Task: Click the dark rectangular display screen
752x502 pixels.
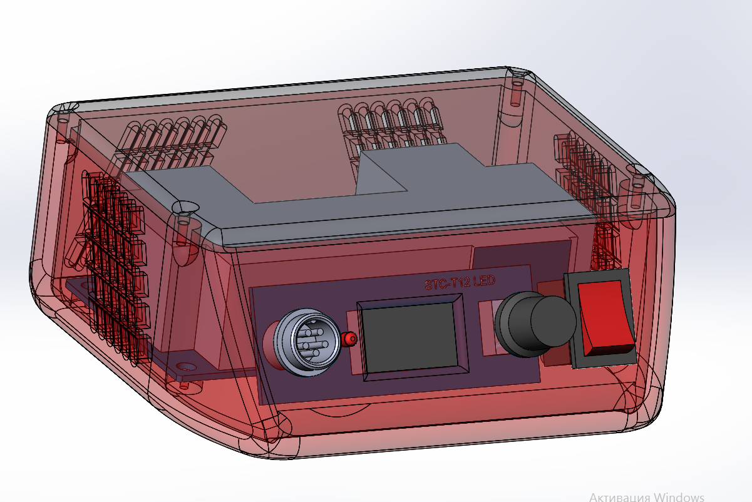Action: click(410, 338)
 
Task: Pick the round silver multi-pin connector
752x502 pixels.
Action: click(307, 342)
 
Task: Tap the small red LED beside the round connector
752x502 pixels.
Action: click(349, 339)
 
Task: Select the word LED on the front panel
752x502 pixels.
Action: click(484, 280)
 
